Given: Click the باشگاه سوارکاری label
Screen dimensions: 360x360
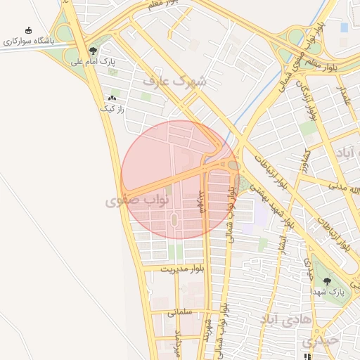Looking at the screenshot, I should tap(29, 41).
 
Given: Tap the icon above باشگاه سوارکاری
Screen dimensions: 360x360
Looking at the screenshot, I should tap(29, 30).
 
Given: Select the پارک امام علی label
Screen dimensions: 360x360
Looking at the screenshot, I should tap(92, 62).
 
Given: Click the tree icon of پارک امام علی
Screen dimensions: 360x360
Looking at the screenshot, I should tap(93, 51).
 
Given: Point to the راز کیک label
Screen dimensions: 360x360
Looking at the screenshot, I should tap(112, 109).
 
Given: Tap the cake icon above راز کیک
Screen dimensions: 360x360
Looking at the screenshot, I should tap(112, 98).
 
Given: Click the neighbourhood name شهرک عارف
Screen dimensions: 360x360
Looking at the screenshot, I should tap(175, 81).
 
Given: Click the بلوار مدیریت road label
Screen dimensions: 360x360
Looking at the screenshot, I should tap(182, 269).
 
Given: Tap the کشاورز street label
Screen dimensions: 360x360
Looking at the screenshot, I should tap(307, 164).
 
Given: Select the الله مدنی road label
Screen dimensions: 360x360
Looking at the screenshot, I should tap(345, 192).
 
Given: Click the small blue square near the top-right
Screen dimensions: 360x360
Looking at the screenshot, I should tap(344, 27).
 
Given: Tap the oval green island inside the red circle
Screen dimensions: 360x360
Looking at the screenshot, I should tap(174, 219).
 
